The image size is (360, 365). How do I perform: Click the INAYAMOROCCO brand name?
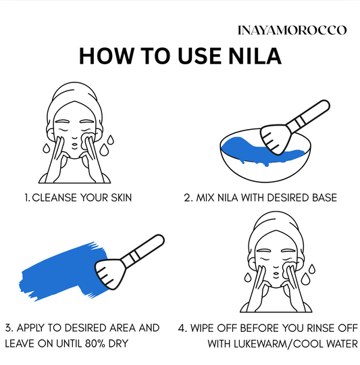pyautogui.click(x=292, y=30)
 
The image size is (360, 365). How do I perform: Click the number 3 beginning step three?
pyautogui.click(x=7, y=328)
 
